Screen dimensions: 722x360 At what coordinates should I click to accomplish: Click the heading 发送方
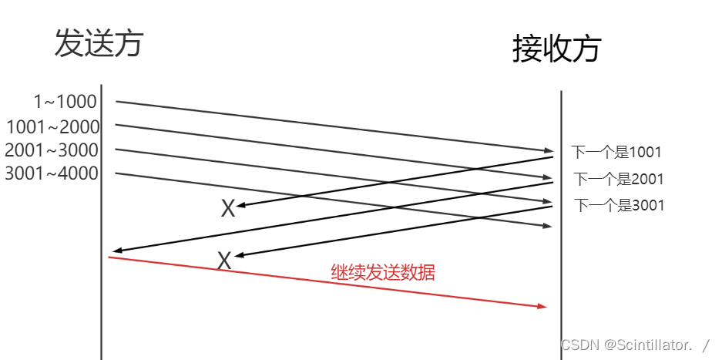(99, 44)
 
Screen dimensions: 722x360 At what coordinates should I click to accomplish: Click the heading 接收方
(556, 49)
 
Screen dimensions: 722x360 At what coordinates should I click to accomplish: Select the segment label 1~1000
(65, 102)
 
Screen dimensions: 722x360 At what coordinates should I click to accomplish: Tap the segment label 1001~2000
(52, 126)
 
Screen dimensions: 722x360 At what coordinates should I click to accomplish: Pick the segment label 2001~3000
(52, 150)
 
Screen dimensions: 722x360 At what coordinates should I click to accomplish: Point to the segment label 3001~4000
(52, 173)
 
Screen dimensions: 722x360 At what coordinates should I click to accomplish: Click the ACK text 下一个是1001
(616, 153)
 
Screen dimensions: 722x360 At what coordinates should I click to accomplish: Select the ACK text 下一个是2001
(619, 180)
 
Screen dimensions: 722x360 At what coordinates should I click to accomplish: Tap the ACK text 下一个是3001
(619, 205)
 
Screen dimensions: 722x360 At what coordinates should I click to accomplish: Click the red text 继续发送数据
(383, 272)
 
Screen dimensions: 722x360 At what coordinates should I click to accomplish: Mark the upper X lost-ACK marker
(228, 208)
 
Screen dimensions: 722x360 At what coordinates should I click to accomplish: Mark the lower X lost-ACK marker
(224, 261)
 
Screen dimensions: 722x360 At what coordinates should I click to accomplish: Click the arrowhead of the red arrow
(542, 306)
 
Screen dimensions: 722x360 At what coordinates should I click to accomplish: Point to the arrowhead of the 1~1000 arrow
(548, 150)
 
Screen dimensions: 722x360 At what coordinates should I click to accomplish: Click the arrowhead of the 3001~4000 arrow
(548, 226)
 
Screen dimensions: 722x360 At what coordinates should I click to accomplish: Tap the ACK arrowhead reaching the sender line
(116, 251)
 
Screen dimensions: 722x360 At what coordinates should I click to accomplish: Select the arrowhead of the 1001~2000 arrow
(548, 178)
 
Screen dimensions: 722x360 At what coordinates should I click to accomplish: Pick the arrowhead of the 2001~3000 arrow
(548, 201)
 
